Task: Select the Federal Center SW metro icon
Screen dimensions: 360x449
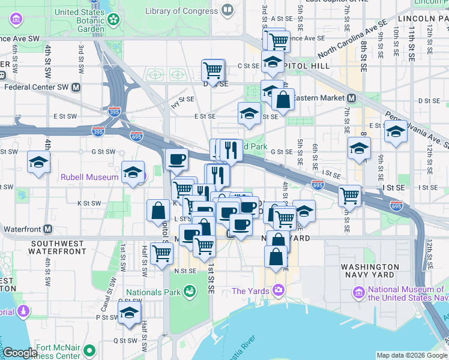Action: point(76,87)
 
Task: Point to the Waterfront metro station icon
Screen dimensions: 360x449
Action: point(47,229)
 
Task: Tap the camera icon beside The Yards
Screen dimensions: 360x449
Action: point(278,291)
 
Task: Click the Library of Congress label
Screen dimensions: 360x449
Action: point(182,10)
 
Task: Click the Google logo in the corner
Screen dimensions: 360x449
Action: point(20,353)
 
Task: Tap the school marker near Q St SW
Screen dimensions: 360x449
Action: point(128,313)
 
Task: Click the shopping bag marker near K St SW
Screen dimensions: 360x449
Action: point(158,211)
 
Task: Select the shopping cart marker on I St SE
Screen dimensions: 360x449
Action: point(349,194)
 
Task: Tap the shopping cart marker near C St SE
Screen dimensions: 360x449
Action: point(212,70)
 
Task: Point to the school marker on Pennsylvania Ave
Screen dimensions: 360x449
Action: point(396,132)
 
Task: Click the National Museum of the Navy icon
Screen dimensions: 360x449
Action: point(359,293)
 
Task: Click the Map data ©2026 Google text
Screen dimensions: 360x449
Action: point(411,355)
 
